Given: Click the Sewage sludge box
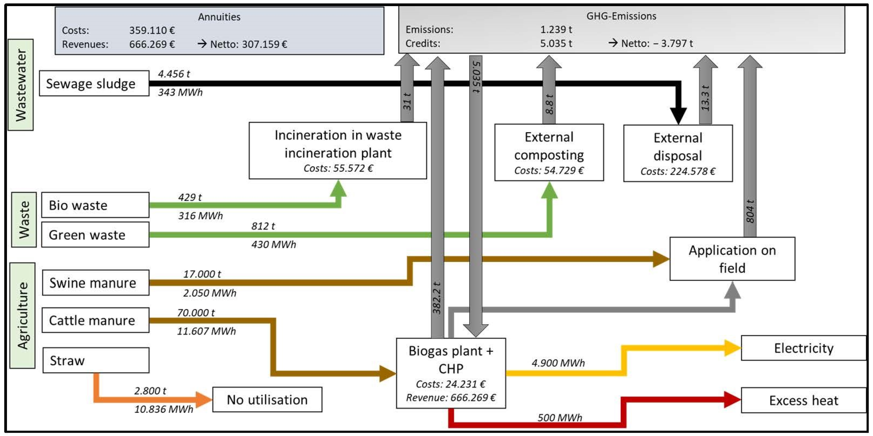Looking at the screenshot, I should (x=94, y=83).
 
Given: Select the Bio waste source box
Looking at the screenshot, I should (x=95, y=205).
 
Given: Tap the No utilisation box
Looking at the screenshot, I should (x=267, y=400).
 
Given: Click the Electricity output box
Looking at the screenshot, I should (x=803, y=348).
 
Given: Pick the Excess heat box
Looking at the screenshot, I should (x=803, y=401).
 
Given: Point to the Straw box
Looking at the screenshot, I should (x=96, y=360).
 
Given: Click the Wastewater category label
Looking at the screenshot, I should (x=21, y=85).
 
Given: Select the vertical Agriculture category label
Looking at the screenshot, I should (x=23, y=315).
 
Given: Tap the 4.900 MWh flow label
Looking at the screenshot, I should (x=558, y=363).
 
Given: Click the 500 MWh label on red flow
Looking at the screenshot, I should (x=559, y=417).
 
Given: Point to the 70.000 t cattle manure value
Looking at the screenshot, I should (x=195, y=313).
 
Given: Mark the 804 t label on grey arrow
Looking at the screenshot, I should (x=750, y=211).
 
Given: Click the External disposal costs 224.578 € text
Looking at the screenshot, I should (x=678, y=171).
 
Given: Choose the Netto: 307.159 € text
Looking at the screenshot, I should (x=248, y=44).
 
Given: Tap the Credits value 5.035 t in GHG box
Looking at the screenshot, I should (x=556, y=43).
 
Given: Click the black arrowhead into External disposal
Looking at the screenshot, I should (x=678, y=115).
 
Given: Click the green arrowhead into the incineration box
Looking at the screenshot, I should (x=338, y=189).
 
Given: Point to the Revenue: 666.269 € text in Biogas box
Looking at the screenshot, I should (x=451, y=397).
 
